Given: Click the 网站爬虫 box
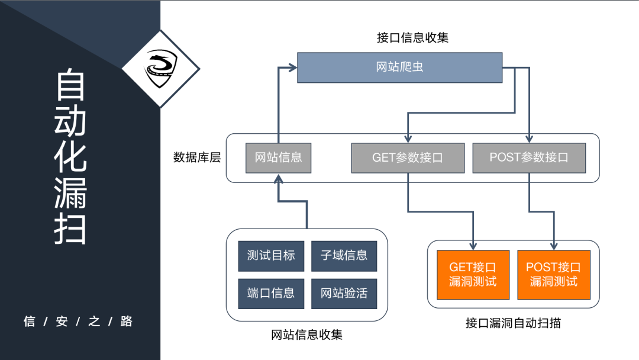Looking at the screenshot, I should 399,67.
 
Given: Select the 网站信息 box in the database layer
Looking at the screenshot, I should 278,157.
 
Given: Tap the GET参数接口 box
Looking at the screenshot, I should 408,158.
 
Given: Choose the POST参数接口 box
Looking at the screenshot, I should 529,158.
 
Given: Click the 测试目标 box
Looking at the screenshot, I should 271,256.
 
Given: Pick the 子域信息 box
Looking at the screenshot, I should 344,256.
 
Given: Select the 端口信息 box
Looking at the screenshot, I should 271,293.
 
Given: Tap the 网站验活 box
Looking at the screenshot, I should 344,293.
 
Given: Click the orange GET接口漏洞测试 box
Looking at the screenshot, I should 473,275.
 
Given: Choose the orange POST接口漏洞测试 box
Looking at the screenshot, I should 554,275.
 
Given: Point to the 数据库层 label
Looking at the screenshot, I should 197,157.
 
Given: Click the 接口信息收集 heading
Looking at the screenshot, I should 412,37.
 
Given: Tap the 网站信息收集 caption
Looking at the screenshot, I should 306,335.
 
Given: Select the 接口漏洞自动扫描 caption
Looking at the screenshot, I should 513,323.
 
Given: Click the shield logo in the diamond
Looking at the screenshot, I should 161,69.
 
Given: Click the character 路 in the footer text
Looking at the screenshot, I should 126,322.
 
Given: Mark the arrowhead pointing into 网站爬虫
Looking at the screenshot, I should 292,68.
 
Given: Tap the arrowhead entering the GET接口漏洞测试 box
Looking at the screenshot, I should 473,245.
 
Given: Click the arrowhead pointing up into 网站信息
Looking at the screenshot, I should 278,179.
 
